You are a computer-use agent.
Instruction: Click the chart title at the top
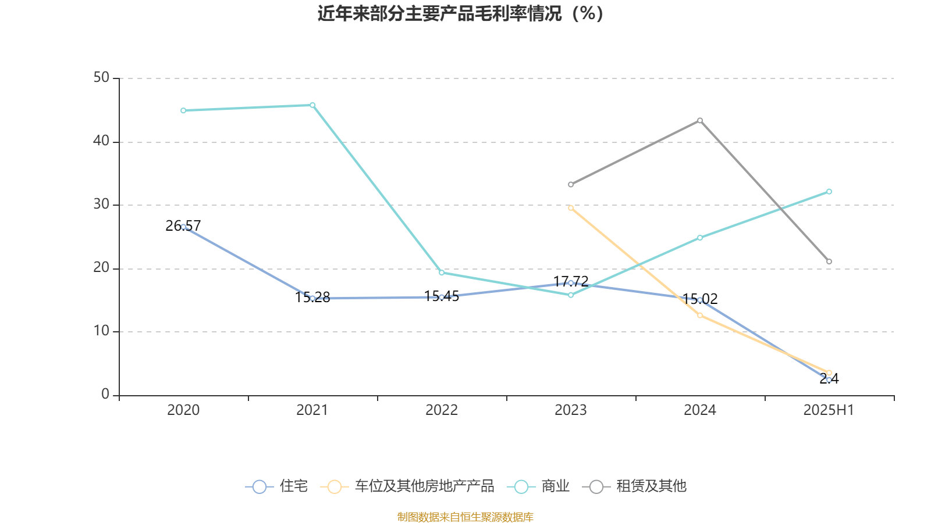click(x=461, y=13)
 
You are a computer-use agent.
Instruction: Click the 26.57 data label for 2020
click(x=183, y=225)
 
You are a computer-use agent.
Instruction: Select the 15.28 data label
click(x=312, y=298)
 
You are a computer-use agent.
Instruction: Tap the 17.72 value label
click(x=571, y=281)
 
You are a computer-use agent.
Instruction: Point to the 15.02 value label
click(x=700, y=299)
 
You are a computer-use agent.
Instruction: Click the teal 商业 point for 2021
click(x=312, y=105)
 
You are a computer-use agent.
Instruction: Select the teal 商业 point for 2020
click(x=183, y=110)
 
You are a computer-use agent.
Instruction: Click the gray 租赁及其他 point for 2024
click(x=700, y=120)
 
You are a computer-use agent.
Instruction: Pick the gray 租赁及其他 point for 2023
click(x=571, y=184)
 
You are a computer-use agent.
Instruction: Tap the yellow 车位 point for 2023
click(x=571, y=207)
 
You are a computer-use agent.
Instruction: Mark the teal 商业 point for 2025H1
click(x=829, y=191)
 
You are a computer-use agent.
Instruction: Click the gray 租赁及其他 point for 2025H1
click(x=829, y=261)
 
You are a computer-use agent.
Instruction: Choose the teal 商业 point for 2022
click(x=442, y=273)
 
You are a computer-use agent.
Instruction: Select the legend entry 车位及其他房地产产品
click(x=407, y=486)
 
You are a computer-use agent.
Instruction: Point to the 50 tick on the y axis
click(x=101, y=77)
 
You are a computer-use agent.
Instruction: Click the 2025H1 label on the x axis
click(x=828, y=410)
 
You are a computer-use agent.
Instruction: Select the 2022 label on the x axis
click(x=442, y=410)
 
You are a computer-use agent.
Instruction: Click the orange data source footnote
click(x=465, y=517)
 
